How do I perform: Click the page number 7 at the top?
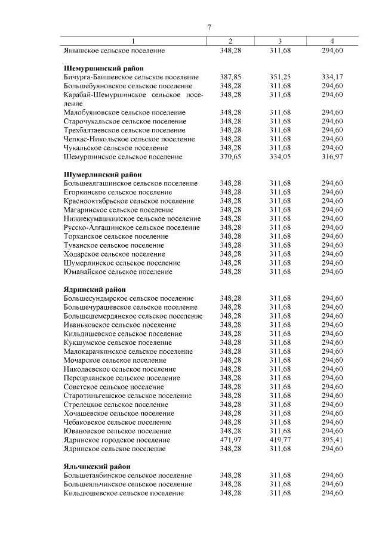[210, 27]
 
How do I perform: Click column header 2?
[230, 41]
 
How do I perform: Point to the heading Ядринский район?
[94, 289]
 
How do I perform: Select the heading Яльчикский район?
[97, 466]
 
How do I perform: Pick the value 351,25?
[279, 78]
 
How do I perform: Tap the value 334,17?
[332, 78]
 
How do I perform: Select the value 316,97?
[332, 157]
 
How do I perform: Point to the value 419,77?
[279, 440]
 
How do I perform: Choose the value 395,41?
[332, 440]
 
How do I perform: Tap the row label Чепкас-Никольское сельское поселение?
[129, 139]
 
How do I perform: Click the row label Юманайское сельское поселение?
[118, 271]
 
